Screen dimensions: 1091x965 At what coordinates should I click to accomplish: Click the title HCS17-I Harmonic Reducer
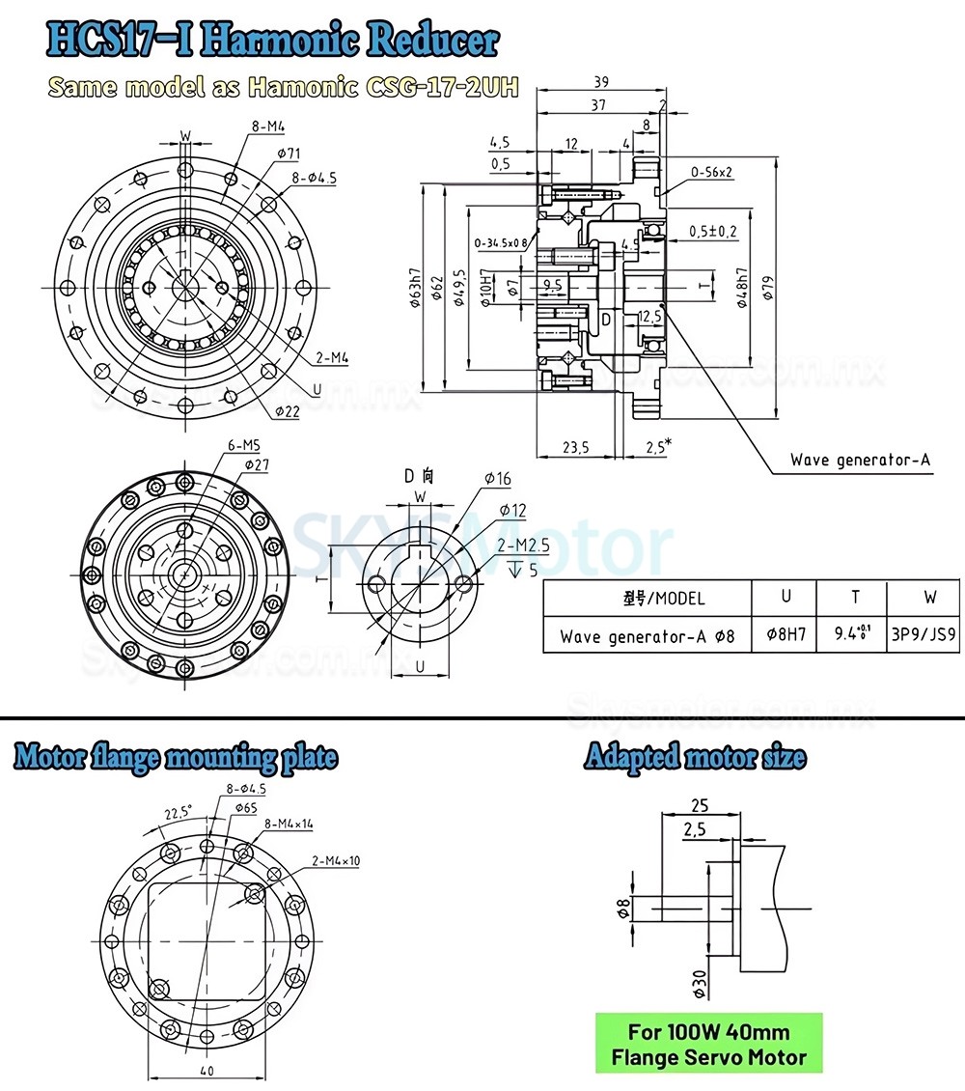pos(273,42)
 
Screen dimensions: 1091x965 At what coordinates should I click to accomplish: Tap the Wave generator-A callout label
pos(860,460)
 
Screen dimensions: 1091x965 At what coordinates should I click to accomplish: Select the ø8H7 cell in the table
pos(785,636)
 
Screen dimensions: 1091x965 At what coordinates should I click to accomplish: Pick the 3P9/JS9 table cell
pos(924,636)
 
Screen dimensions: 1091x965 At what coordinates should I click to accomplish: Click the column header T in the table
pos(854,598)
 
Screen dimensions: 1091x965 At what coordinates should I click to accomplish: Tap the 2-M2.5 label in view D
pos(523,545)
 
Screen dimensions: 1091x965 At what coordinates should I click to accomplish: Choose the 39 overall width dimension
pos(600,82)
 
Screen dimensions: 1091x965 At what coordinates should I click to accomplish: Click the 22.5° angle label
pos(178,813)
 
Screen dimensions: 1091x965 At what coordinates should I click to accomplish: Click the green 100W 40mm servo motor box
pos(709,1044)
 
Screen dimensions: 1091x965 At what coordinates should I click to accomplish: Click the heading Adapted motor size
pos(694,757)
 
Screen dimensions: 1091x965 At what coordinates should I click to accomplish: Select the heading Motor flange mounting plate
pos(176,757)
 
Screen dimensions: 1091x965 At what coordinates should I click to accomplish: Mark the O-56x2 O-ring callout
pos(711,172)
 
